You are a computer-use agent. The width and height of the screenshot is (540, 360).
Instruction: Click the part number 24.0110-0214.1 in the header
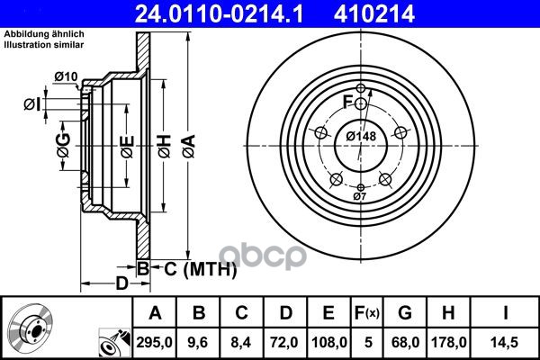219,14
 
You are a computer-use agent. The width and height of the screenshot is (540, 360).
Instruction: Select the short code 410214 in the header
373,14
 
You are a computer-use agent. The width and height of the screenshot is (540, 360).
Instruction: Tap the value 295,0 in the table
154,342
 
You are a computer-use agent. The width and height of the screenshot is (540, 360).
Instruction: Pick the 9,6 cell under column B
198,342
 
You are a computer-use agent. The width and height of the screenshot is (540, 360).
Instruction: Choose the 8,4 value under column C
241,342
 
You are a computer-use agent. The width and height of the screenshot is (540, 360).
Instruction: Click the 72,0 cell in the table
284,342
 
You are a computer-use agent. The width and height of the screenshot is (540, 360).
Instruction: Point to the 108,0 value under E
329,342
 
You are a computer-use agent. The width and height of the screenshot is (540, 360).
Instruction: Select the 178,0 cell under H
449,342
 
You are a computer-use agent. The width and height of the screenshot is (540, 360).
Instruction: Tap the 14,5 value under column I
505,342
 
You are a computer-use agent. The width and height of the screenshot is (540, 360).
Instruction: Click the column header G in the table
405,313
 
